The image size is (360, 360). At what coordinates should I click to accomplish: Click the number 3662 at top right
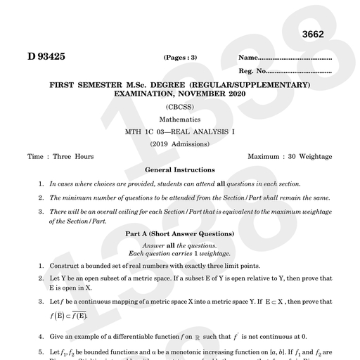point(316,35)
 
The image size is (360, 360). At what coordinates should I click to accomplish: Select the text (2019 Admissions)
point(180,144)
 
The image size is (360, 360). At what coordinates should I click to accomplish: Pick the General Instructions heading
point(180,169)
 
